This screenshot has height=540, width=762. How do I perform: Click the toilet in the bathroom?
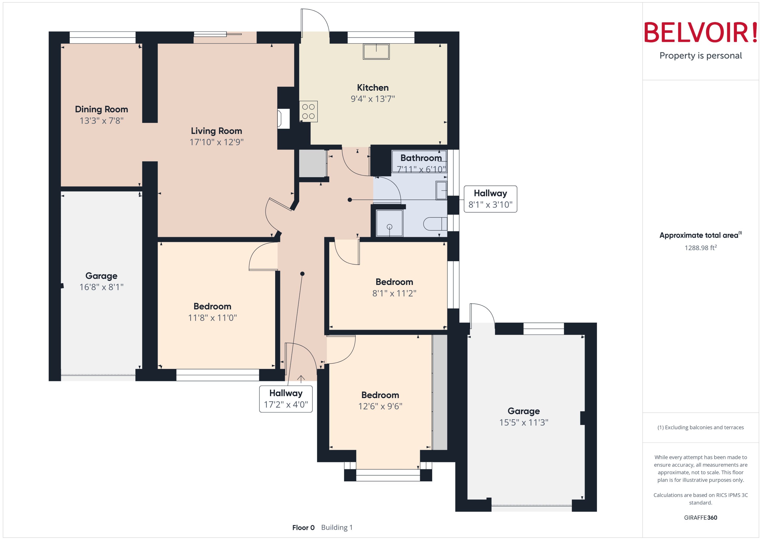[x=435, y=224]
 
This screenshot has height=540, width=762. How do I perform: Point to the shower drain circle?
[x=389, y=227]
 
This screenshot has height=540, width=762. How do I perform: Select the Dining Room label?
[x=101, y=109]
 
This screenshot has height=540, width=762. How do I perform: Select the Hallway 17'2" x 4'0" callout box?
[x=286, y=399]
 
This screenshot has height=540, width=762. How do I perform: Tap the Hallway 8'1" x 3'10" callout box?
[x=490, y=199]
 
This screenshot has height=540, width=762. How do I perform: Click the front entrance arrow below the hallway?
[x=301, y=379]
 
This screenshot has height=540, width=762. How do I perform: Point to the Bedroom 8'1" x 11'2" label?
[x=394, y=282]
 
